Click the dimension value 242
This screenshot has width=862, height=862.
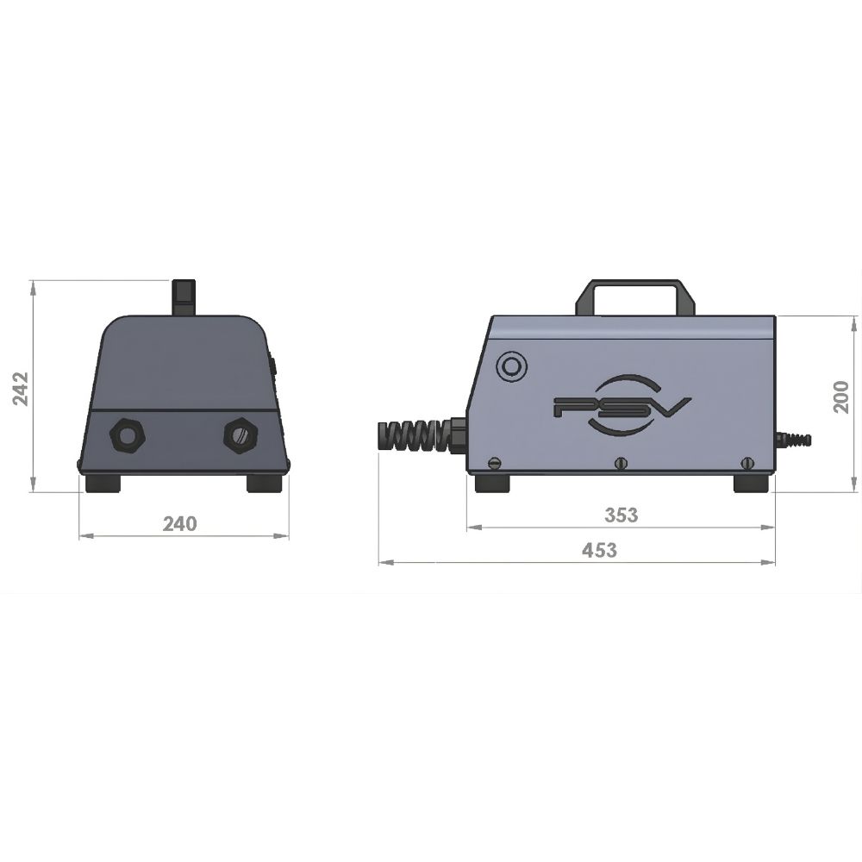coord(21,389)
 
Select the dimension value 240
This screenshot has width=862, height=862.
coord(180,524)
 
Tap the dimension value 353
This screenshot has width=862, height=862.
coord(622,515)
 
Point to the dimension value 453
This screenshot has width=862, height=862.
coord(599,550)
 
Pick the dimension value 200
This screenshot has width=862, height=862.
coord(841,397)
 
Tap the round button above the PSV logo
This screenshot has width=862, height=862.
coord(511,365)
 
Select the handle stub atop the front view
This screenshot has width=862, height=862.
coord(184,297)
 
